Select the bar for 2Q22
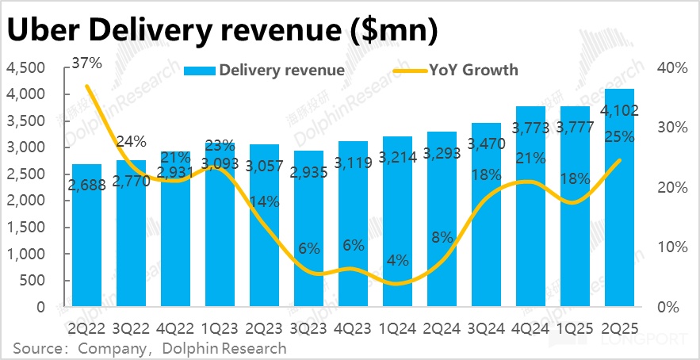click(x=87, y=238)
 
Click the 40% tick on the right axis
click(x=671, y=68)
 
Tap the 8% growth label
click(x=442, y=236)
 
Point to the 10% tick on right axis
click(x=671, y=247)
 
